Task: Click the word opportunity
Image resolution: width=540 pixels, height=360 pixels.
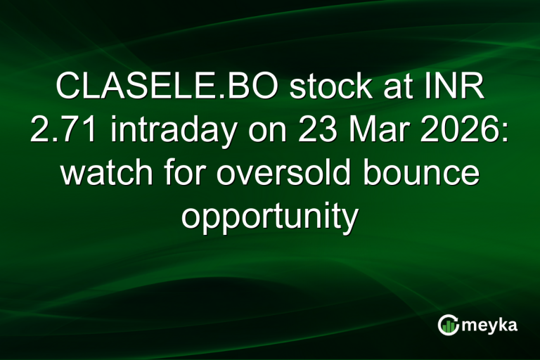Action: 270,217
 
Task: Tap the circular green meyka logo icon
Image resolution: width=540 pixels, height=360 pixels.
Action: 449,325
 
